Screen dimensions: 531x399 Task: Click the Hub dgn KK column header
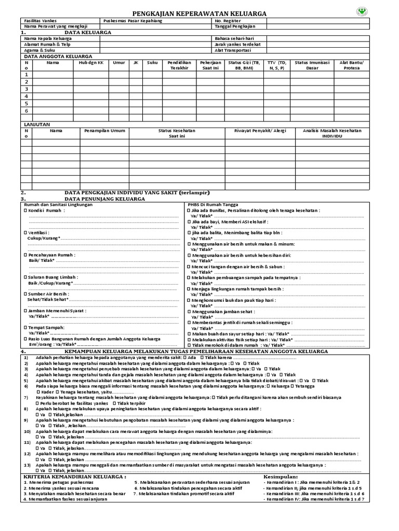tap(91, 62)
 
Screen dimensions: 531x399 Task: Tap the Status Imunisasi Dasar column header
tap(312, 65)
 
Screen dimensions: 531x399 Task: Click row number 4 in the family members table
tap(26, 96)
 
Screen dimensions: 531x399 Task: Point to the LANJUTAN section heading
tap(36, 125)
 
